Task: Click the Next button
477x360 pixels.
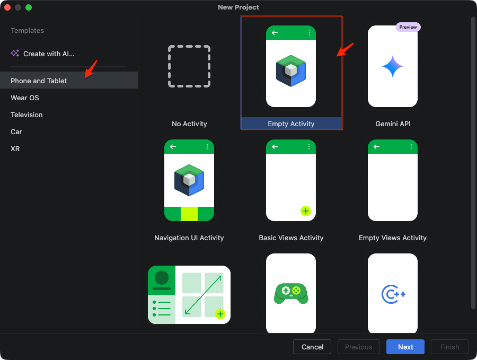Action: tap(405, 347)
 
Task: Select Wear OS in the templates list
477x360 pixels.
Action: tap(24, 98)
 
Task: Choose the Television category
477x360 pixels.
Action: tap(26, 115)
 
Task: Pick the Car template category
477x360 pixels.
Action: tap(16, 132)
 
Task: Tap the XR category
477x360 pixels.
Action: tap(15, 149)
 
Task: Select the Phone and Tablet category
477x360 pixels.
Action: tap(39, 81)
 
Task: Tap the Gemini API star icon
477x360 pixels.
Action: tap(392, 66)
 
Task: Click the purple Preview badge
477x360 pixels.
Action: tap(408, 27)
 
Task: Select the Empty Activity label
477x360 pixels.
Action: tap(291, 124)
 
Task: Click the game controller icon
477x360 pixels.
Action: tap(291, 294)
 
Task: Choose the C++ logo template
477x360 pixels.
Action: tap(393, 294)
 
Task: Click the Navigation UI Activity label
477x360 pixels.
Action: tap(189, 238)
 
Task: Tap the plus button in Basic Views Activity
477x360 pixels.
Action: tap(305, 211)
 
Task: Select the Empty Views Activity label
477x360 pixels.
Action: tap(392, 238)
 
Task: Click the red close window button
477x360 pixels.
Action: tap(7, 7)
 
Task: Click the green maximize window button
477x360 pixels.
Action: tap(29, 7)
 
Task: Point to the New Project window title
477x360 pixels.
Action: tap(238, 7)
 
